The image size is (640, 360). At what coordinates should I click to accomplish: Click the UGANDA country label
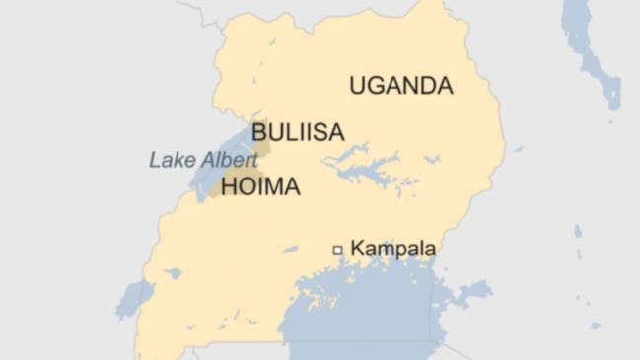(x=400, y=86)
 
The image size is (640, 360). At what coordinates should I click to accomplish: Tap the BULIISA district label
(x=297, y=132)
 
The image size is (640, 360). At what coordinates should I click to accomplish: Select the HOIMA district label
(x=260, y=186)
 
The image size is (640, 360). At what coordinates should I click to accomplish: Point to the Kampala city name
(x=392, y=250)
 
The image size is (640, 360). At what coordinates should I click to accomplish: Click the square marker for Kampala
(x=337, y=251)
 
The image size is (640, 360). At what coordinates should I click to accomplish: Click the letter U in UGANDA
(x=357, y=86)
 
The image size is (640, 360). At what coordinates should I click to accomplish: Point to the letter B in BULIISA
(x=258, y=132)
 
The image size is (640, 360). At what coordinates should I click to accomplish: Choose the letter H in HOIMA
(x=228, y=186)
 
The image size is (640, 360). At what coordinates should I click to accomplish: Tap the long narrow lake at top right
(x=590, y=49)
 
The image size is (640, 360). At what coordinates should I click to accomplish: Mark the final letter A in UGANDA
(x=445, y=86)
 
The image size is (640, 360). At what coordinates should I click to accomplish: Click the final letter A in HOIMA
(x=292, y=186)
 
